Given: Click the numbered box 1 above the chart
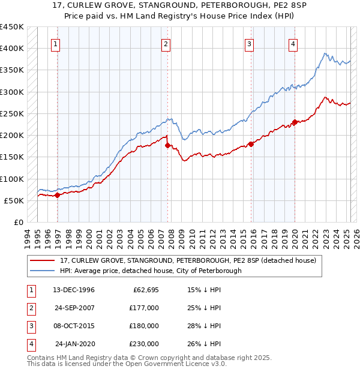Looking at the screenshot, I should (55, 43).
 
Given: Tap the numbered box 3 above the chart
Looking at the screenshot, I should (248, 43).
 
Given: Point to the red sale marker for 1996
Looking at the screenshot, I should (57, 195).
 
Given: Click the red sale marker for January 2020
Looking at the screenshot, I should (295, 122).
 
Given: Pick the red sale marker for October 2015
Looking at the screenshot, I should (251, 144).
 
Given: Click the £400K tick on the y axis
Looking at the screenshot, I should (12, 49).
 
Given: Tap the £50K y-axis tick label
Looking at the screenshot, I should (14, 200).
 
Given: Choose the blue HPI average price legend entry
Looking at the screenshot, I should (151, 271).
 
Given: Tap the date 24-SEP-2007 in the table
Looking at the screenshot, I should (76, 308).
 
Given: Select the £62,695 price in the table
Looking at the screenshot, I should (143, 290).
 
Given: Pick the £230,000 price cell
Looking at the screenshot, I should (143, 344).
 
